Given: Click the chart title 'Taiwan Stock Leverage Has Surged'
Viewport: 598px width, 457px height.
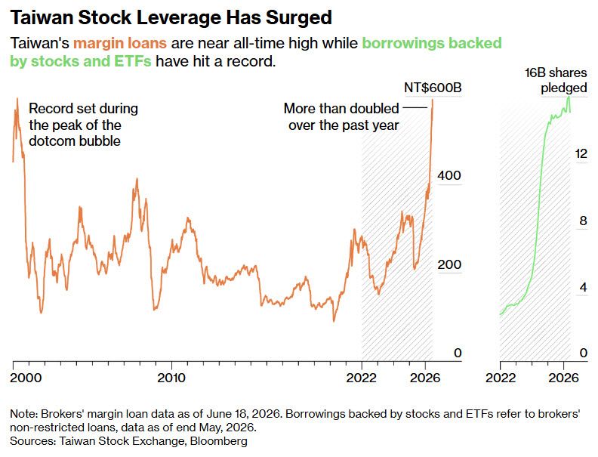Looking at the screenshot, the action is coord(171,17).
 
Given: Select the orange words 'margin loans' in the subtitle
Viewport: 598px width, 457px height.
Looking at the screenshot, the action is coord(120,43).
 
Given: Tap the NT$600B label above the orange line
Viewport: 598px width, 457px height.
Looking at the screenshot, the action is coord(433,88).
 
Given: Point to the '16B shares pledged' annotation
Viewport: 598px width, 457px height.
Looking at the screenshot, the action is coord(556,80).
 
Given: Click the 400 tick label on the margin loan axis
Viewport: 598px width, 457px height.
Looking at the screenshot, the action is coord(449,175).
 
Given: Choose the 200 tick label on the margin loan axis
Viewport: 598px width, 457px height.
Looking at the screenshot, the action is coord(449,264).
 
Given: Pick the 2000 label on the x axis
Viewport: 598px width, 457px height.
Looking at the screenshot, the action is coord(26,378).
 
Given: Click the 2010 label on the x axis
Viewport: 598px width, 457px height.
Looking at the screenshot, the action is coord(171,378).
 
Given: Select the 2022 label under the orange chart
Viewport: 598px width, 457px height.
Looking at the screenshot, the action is coord(361,378).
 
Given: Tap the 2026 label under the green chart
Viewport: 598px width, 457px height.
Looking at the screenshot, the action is coord(564,378).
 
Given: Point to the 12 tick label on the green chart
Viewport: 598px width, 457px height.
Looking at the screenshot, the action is coord(581,153).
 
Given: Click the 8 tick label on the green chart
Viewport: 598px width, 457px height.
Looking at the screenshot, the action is coord(583,221).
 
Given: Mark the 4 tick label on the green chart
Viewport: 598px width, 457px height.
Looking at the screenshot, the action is coord(583,287).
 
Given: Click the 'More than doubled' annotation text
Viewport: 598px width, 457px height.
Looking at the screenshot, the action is coord(341,108).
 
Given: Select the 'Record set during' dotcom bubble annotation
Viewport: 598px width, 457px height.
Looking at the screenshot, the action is coord(84,108).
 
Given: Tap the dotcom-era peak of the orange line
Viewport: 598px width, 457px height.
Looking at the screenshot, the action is coord(17,98).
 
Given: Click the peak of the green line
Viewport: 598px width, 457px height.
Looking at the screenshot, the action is coord(569,97).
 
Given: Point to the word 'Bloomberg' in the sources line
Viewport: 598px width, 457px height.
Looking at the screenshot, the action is coord(218,441).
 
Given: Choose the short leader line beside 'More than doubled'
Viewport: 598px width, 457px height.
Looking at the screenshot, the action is coord(415,107).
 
